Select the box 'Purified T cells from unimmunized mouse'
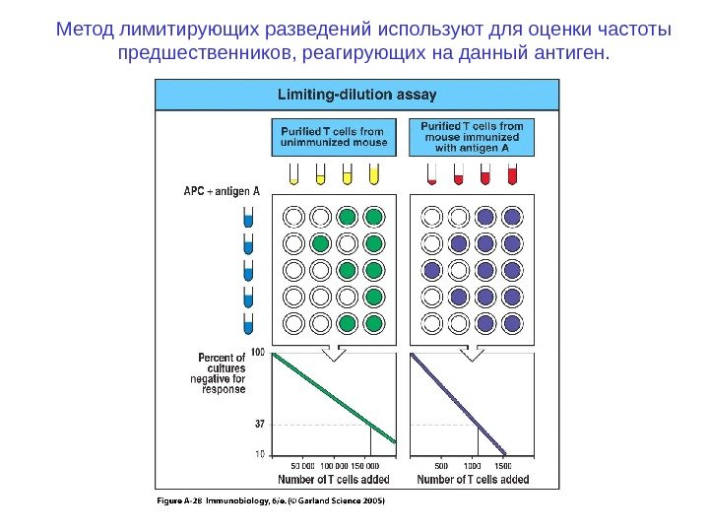click(334, 137)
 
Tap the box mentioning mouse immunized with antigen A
click(473, 137)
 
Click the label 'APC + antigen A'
click(221, 192)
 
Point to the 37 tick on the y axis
click(259, 425)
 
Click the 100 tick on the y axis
click(258, 353)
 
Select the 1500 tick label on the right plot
click(502, 466)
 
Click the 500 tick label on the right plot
click(441, 466)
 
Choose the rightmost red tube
click(511, 175)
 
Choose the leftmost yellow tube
click(293, 175)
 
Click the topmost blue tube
click(248, 217)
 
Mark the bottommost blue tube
click(248, 321)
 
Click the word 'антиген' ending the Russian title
click(575, 51)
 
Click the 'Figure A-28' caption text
click(180, 500)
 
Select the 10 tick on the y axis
click(260, 454)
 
